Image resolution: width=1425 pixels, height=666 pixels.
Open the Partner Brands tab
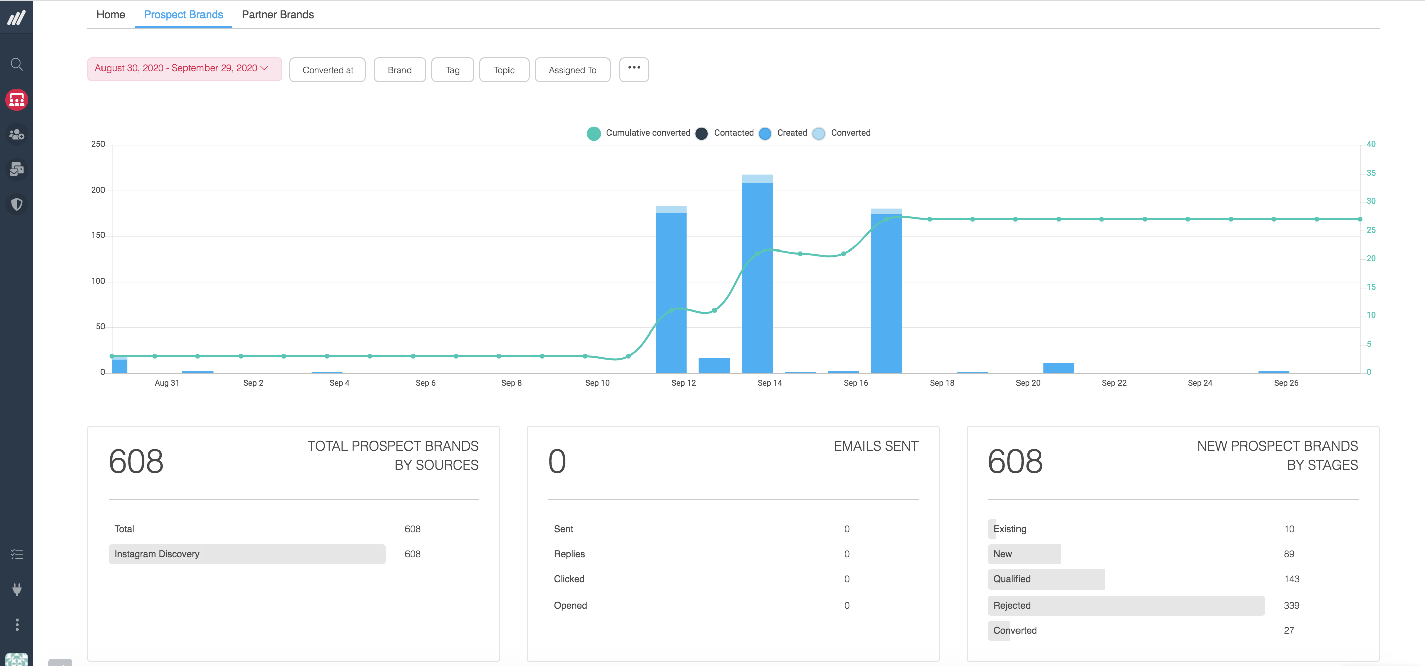point(277,15)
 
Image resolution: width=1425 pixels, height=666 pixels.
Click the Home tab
point(111,15)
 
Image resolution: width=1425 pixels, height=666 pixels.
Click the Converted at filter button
point(328,70)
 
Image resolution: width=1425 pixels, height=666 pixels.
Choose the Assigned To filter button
point(572,70)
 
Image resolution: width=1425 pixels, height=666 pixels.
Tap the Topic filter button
point(504,70)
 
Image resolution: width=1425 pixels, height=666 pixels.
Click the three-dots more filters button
point(634,68)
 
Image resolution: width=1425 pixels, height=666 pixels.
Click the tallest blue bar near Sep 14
point(757,277)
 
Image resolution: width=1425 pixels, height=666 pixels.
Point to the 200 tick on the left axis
point(98,190)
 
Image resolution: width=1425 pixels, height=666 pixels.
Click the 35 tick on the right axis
point(1371,173)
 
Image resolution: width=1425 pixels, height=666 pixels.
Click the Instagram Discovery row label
point(157,554)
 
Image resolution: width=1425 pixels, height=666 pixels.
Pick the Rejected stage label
point(1012,605)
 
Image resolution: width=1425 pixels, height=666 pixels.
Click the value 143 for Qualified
point(1291,579)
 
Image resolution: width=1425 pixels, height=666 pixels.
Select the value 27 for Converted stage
point(1288,631)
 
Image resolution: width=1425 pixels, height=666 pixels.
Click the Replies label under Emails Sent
point(569,554)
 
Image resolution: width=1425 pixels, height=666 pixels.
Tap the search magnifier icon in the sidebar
point(17,65)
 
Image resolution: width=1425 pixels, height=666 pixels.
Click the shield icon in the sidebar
point(17,204)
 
